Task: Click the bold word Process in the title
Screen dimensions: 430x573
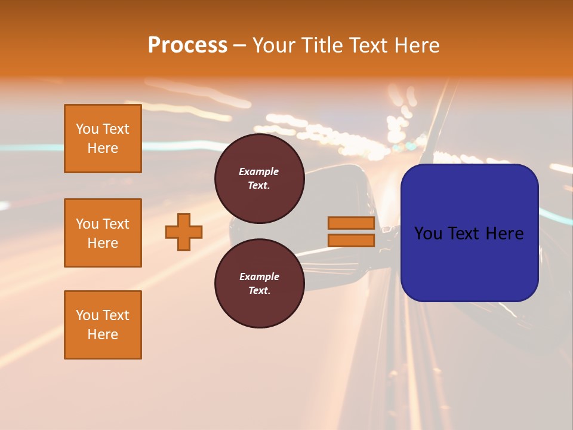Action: point(187,45)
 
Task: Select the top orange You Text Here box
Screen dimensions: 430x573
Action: point(103,139)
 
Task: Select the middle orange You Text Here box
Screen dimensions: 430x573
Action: point(103,233)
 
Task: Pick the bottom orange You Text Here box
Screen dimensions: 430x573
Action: point(103,325)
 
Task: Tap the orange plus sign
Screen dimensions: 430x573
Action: point(184,232)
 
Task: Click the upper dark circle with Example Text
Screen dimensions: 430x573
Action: point(259,179)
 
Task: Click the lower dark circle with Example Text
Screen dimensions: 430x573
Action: point(259,284)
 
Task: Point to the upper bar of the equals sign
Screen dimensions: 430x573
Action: point(351,223)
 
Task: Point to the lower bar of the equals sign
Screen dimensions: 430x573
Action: point(351,241)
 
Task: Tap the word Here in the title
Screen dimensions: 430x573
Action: point(418,45)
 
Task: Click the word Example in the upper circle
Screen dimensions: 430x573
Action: point(259,171)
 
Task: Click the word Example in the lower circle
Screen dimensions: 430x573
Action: point(259,277)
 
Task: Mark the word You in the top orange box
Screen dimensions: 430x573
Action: point(87,129)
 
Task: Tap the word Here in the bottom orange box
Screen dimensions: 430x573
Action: point(103,334)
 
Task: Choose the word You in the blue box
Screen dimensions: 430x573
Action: point(428,234)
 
